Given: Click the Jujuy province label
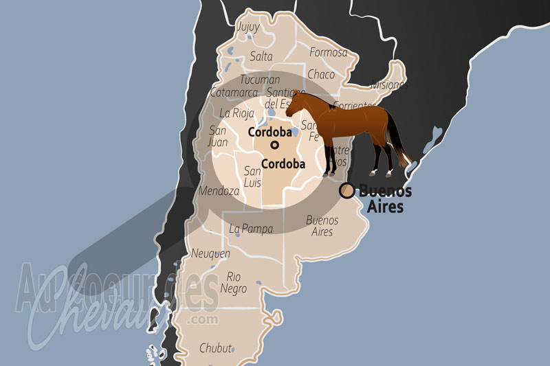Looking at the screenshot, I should coord(247,27).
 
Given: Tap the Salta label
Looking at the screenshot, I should coord(261,56).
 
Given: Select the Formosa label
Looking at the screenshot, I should coord(329,52).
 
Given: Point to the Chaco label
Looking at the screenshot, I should coord(321,74).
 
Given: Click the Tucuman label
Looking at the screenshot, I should coord(260,80).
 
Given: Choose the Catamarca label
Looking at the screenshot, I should coord(234,93).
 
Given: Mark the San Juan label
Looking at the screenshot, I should coord(218,137).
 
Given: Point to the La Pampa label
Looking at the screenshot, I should coord(251,229).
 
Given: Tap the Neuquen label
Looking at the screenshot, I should coord(210,253).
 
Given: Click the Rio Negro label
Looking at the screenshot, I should coord(234,282).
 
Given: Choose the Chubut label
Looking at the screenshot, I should coord(215,348).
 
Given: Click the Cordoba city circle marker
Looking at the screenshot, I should coord(274,145).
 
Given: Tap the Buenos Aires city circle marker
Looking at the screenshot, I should coord(347,190).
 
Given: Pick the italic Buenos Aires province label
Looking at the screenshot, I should coord(322,226).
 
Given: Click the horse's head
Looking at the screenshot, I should coord(294,104).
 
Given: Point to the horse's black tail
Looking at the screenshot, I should coord(397,141).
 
